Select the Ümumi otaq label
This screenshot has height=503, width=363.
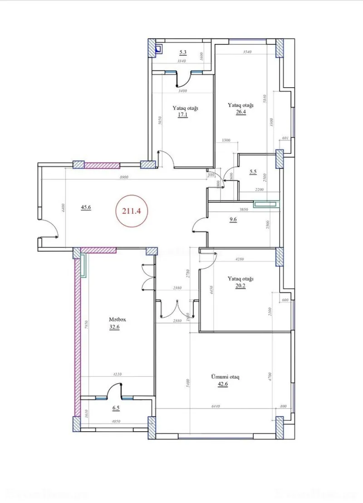pyautogui.click(x=225, y=377)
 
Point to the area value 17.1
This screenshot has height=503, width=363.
pyautogui.click(x=183, y=115)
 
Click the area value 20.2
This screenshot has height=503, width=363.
pyautogui.click(x=240, y=286)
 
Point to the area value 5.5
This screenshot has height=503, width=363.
pyautogui.click(x=253, y=172)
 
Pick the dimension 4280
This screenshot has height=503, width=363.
pyautogui.click(x=227, y=260)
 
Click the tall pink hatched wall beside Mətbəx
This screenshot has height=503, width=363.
pyautogui.click(x=77, y=336)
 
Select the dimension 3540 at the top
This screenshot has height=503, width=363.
pyautogui.click(x=248, y=52)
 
